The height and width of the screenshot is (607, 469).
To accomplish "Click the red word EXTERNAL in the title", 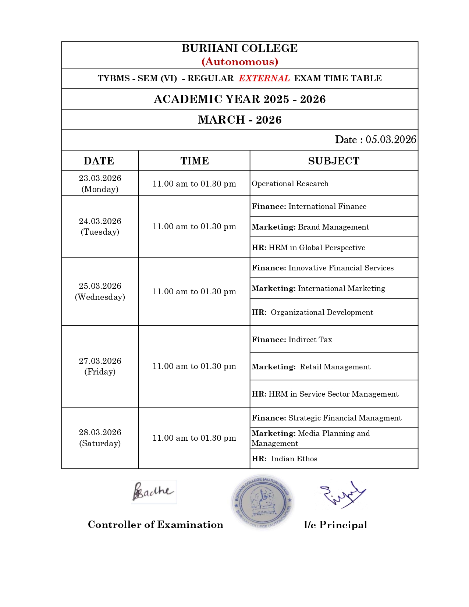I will (264, 78).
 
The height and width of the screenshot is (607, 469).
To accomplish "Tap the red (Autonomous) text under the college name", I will (239, 61).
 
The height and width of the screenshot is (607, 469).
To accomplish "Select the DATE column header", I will (99, 161).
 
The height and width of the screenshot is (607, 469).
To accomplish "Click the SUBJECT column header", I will (334, 161).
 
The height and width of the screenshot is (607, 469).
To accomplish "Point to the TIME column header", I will (194, 161).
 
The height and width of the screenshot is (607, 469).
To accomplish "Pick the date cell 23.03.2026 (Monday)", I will (100, 184).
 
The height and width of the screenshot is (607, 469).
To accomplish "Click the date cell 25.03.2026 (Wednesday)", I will (100, 291).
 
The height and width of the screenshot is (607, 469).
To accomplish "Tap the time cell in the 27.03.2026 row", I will (194, 366).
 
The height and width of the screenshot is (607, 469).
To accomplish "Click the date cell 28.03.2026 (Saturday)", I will (100, 438).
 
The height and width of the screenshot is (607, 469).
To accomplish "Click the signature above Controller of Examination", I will (153, 491).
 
